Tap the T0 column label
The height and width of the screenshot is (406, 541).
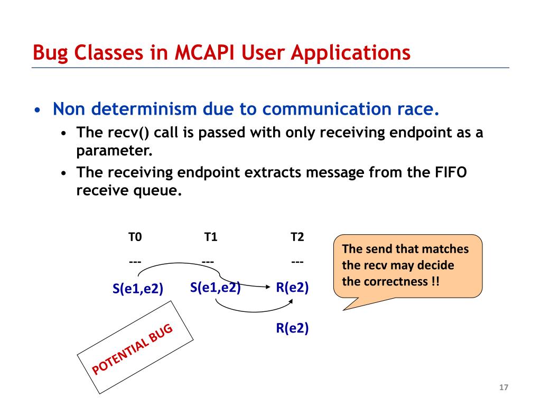135,237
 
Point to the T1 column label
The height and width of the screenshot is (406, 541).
211,237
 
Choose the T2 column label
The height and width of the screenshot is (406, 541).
297,237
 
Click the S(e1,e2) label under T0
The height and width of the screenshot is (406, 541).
138,289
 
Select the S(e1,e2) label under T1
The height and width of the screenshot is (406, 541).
215,288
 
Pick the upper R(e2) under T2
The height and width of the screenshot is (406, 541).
292,288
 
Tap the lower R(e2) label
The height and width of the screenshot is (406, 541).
292,328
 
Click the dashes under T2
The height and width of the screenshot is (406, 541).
297,262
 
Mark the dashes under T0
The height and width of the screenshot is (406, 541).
135,262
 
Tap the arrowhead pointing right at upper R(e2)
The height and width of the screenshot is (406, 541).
267,287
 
